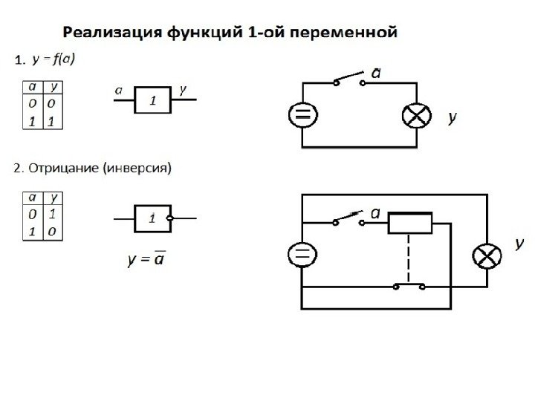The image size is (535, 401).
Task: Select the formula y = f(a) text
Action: pyautogui.click(x=53, y=59)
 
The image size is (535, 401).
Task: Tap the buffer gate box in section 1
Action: pyautogui.click(x=153, y=100)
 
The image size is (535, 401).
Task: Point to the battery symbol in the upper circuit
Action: pyautogui.click(x=302, y=115)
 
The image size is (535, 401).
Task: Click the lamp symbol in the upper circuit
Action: pyautogui.click(x=415, y=115)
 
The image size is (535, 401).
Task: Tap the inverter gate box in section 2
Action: pyautogui.click(x=152, y=218)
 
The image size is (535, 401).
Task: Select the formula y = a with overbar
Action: pyautogui.click(x=146, y=261)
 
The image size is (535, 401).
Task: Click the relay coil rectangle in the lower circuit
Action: pyautogui.click(x=410, y=223)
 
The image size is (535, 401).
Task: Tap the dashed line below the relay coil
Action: pyautogui.click(x=409, y=257)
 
